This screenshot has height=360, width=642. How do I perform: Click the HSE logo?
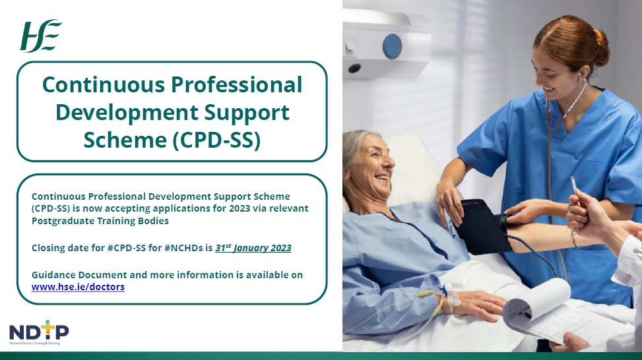point(42,36)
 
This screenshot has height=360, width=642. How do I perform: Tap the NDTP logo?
point(39,333)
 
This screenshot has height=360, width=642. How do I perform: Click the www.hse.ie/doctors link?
point(78,287)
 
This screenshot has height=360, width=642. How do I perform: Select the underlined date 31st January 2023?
point(253,248)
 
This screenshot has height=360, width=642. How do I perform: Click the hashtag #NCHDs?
point(177,249)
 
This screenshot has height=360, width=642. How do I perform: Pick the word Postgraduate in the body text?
point(65,221)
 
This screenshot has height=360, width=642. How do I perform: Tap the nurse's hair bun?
point(598,50)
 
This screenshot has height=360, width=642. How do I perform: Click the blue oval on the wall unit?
point(392,45)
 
